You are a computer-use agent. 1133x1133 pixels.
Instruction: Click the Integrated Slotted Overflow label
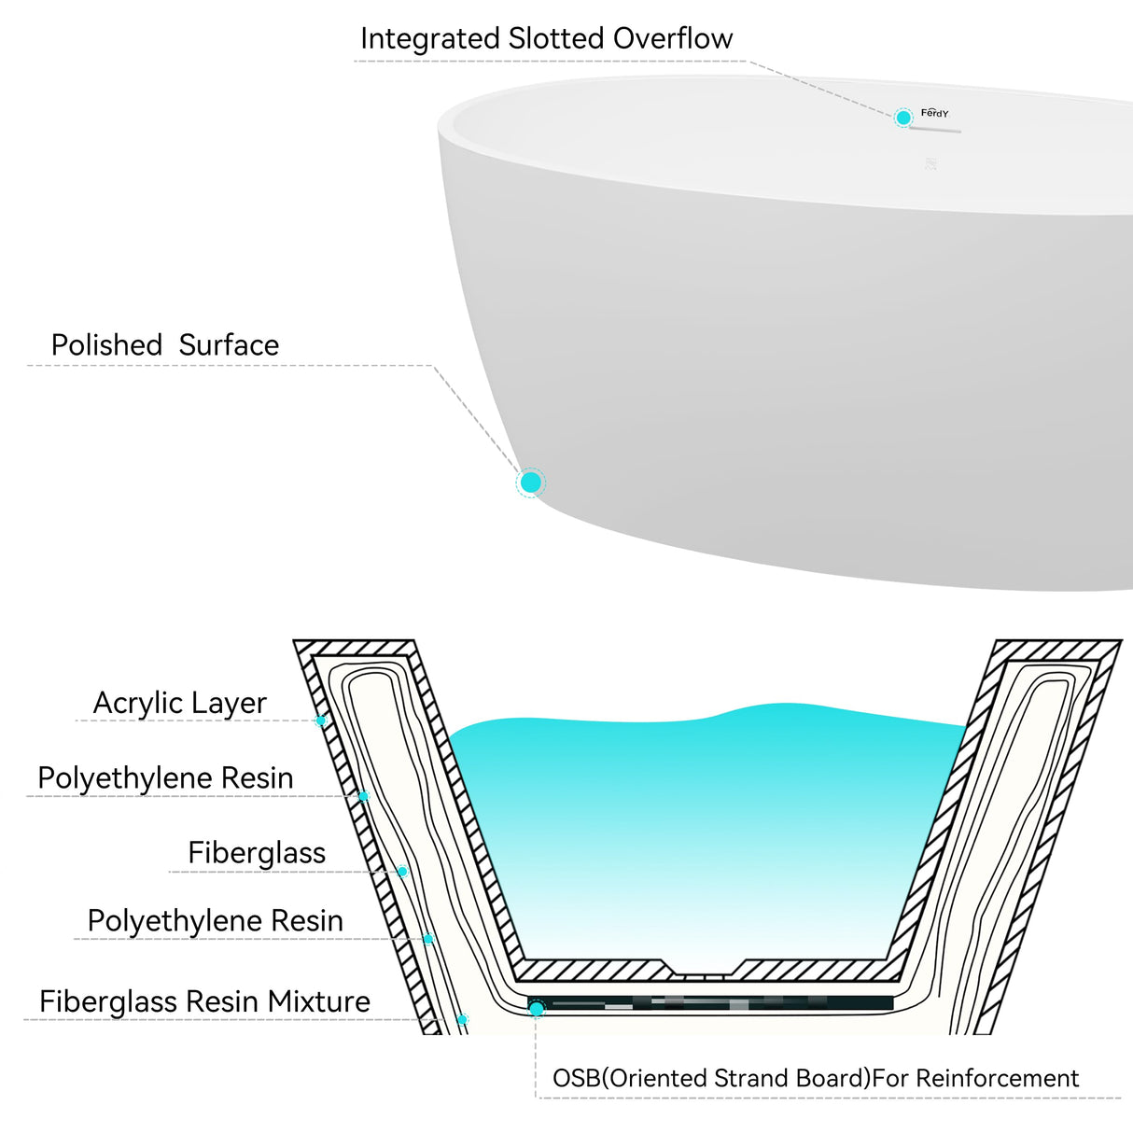[x=546, y=39]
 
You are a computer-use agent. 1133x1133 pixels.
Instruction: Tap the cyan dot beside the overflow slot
[x=902, y=118]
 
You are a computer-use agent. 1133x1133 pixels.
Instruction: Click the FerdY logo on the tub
[x=934, y=113]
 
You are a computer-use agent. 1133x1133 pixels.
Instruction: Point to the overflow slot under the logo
[x=935, y=131]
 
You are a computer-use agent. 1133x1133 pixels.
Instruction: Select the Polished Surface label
[x=165, y=345]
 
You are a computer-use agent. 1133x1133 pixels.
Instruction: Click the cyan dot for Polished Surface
[x=530, y=483]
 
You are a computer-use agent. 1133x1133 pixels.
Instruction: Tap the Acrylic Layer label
[x=179, y=703]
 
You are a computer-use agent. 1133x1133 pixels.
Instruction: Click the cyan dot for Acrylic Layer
[x=321, y=720]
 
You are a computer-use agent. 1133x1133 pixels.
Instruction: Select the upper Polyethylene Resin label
[x=165, y=777]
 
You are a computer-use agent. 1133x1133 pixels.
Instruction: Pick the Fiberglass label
[x=257, y=853]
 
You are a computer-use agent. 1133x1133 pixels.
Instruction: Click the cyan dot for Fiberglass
[x=402, y=872]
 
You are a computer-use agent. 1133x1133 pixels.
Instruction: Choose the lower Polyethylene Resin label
[x=215, y=921]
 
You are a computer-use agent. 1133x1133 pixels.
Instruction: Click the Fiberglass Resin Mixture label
[x=204, y=1001]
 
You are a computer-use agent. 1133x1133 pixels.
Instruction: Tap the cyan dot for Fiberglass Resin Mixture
[x=462, y=1019]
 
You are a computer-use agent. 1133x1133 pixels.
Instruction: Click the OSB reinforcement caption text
[x=815, y=1079]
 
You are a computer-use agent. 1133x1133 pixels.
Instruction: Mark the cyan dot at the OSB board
[x=537, y=1009]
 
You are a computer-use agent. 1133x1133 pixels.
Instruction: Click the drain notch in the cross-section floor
[x=704, y=972]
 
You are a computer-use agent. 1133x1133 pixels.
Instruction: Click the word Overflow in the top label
[x=673, y=39]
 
